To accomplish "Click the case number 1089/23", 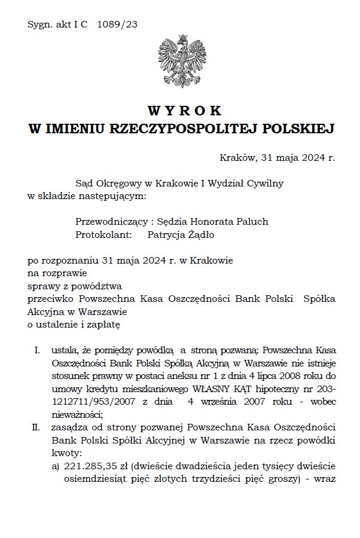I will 117,25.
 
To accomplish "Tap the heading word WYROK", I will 184,111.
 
